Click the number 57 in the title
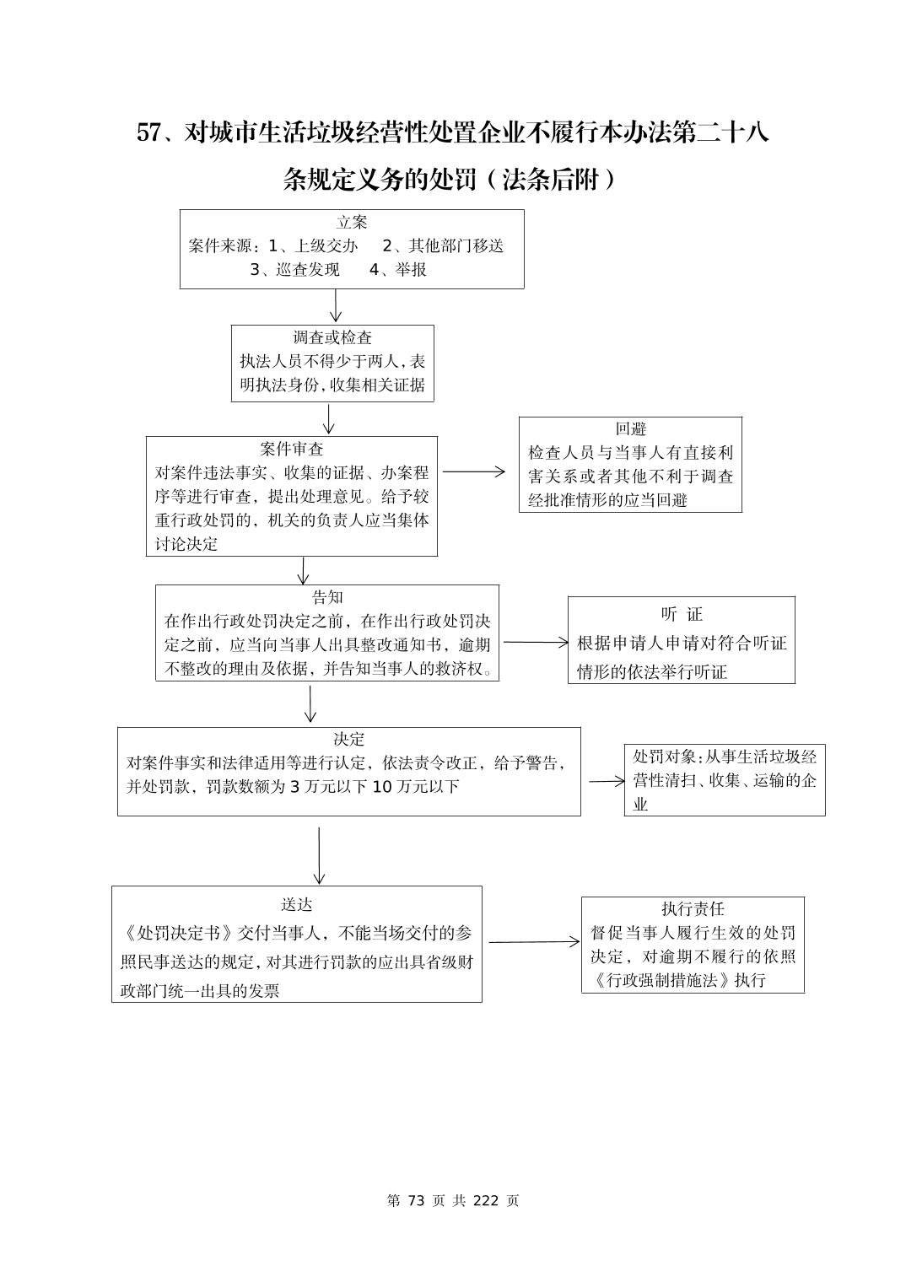[x=148, y=133]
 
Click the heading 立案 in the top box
[x=352, y=223]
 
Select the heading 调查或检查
[x=332, y=337]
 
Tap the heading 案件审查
[x=292, y=449]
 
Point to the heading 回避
[x=630, y=429]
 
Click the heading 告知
[x=327, y=597]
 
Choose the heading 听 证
[x=681, y=614]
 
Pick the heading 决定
[x=348, y=739]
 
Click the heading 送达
[x=296, y=904]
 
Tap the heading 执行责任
[x=693, y=908]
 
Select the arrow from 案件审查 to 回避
[x=473, y=472]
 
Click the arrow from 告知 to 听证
[x=536, y=643]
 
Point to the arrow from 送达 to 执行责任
[x=534, y=942]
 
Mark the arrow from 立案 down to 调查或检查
[x=336, y=305]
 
